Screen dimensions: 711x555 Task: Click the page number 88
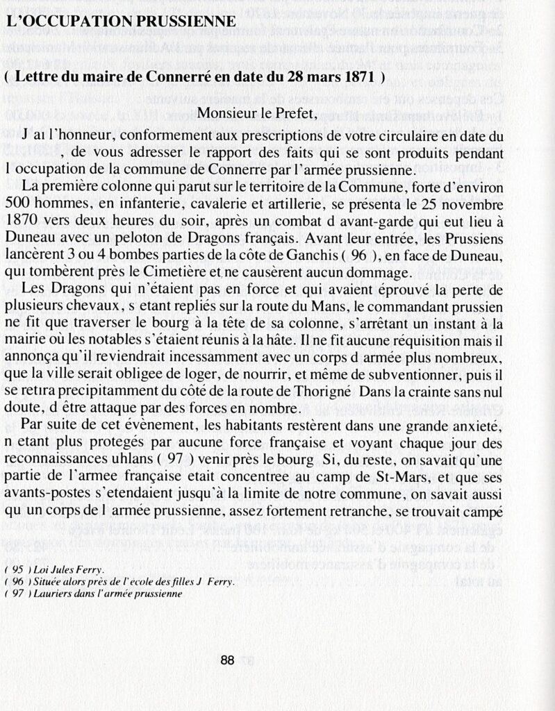[227, 661]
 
